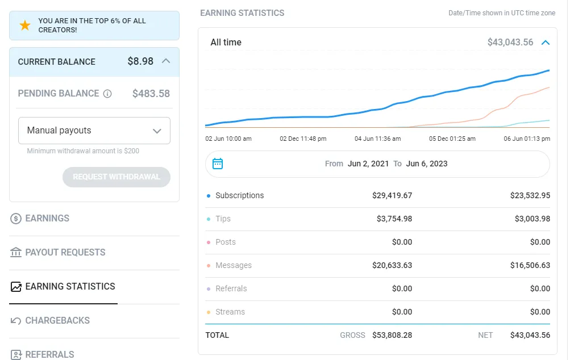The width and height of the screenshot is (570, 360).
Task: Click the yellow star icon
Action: [x=25, y=26]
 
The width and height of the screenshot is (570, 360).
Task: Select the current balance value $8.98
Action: [x=140, y=61]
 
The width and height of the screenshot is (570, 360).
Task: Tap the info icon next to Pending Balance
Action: [x=107, y=94]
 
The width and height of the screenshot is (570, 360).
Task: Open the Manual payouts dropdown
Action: [x=94, y=131]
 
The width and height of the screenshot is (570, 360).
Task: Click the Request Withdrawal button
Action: [x=117, y=177]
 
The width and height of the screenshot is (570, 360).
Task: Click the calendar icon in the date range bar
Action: [x=218, y=164]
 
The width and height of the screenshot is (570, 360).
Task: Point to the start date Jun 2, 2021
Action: [x=368, y=164]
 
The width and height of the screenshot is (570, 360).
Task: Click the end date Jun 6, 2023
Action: [x=427, y=164]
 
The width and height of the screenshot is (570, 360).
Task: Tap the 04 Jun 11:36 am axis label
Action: [x=377, y=139]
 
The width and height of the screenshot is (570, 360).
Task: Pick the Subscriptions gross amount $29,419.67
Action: [x=392, y=195]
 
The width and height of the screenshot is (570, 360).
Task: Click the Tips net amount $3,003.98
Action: [x=530, y=219]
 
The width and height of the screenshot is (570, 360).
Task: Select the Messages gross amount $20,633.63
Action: [x=392, y=265]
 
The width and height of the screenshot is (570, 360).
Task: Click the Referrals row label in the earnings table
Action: [x=231, y=288]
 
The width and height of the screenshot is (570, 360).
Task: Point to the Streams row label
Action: [x=230, y=312]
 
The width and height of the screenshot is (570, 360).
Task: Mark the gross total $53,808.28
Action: [x=392, y=335]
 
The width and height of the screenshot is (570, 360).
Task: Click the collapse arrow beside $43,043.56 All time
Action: [x=546, y=43]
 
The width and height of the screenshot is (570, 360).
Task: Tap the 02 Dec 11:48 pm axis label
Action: [x=303, y=139]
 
